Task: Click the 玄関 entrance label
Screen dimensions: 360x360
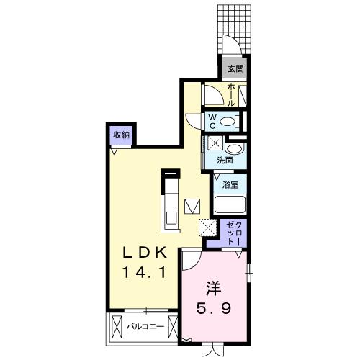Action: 235,69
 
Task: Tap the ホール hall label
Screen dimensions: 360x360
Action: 232,94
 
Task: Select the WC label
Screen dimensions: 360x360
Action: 213,120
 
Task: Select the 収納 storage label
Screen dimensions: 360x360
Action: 121,135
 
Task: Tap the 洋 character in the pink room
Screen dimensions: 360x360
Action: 214,288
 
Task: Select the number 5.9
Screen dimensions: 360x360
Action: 214,310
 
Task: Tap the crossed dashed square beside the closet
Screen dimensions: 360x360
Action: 208,228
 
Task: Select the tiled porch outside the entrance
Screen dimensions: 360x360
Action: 235,29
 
